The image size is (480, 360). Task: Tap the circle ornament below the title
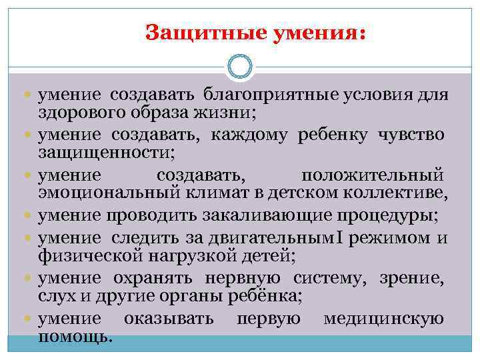click(239, 67)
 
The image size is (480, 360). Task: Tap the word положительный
click(371, 175)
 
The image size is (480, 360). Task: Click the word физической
click(79, 255)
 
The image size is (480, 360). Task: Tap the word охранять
click(141, 277)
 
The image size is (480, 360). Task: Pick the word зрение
click(417, 277)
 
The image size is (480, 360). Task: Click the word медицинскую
click(383, 318)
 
